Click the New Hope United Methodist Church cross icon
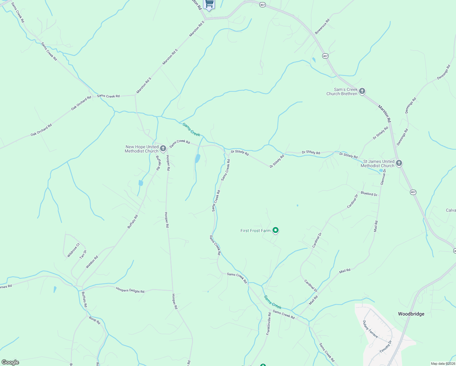click(163, 149)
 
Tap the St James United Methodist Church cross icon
click(399, 163)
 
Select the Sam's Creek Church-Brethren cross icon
click(362, 91)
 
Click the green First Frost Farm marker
click(276, 230)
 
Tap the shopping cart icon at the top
click(209, 4)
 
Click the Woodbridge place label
click(411, 314)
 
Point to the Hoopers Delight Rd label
click(130, 290)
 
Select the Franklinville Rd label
click(268, 324)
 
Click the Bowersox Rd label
click(322, 27)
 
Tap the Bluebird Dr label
click(369, 194)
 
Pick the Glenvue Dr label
click(383, 177)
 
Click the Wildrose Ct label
click(73, 250)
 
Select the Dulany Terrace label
click(370, 329)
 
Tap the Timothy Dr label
click(385, 347)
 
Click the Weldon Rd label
click(92, 262)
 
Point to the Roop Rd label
click(94, 320)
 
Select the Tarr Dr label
click(83, 254)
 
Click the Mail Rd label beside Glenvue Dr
click(376, 226)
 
